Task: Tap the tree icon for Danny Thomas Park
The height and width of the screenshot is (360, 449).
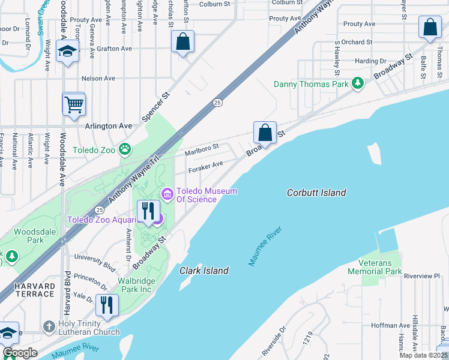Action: [x=358, y=83]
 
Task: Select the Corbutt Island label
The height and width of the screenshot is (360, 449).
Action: [x=316, y=193]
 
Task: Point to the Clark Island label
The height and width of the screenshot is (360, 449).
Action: [x=204, y=271]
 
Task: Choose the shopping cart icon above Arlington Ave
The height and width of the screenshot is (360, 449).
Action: [x=74, y=104]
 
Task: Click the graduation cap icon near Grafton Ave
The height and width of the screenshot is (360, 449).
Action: [x=68, y=51]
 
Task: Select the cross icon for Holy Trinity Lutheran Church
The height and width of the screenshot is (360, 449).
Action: [x=49, y=327]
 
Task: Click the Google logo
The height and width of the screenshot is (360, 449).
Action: [x=20, y=353]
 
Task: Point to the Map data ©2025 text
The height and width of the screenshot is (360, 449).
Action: [x=423, y=355]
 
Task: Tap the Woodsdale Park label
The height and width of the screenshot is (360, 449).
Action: [x=28, y=235]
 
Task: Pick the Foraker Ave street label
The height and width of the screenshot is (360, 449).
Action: [x=205, y=166]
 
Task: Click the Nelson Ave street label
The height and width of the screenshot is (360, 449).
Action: [x=98, y=78]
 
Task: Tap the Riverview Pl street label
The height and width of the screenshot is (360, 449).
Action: [x=422, y=276]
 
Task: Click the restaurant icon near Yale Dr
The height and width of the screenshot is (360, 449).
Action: [x=107, y=305]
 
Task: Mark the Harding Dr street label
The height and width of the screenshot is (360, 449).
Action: [x=370, y=61]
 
